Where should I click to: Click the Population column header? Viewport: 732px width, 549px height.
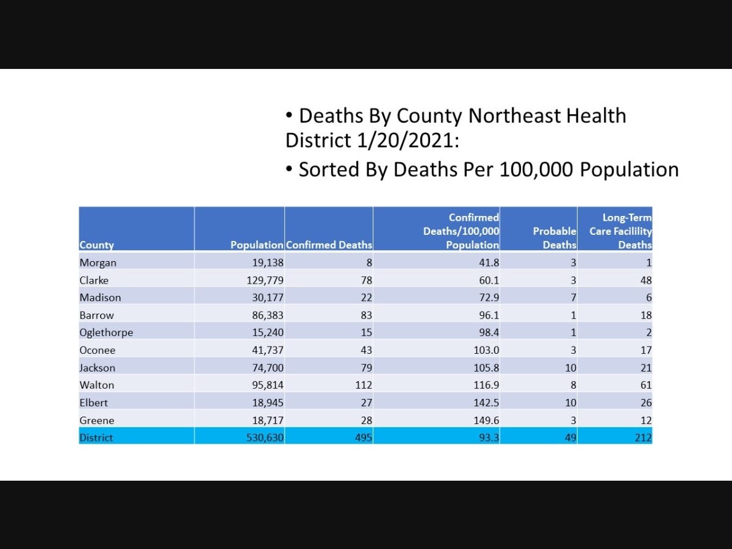(x=257, y=245)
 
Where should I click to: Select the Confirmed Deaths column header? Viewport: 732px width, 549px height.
(x=329, y=245)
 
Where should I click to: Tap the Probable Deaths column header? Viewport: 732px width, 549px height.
(x=554, y=238)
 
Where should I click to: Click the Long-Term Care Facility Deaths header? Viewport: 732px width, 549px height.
(x=620, y=231)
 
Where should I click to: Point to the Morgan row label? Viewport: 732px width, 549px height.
(x=98, y=263)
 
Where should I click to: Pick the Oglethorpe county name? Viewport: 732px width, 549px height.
(x=106, y=332)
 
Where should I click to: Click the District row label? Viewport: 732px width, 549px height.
(x=96, y=437)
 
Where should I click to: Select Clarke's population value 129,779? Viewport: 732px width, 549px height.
(x=265, y=281)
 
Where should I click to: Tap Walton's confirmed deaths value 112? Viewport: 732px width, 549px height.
(x=364, y=385)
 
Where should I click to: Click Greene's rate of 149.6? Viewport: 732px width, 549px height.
(x=487, y=420)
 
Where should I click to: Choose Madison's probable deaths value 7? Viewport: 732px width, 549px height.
(x=573, y=297)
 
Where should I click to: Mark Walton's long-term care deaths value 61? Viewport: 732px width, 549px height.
(x=646, y=385)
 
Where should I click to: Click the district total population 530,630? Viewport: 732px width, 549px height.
(x=265, y=437)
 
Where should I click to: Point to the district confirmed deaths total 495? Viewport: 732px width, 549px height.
(x=364, y=437)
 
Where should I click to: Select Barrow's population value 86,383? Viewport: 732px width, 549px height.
(x=268, y=315)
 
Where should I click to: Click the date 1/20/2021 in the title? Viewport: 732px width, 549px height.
(x=408, y=140)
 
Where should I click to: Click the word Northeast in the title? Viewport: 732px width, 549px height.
(x=514, y=116)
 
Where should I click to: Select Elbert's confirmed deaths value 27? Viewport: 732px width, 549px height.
(x=367, y=403)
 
